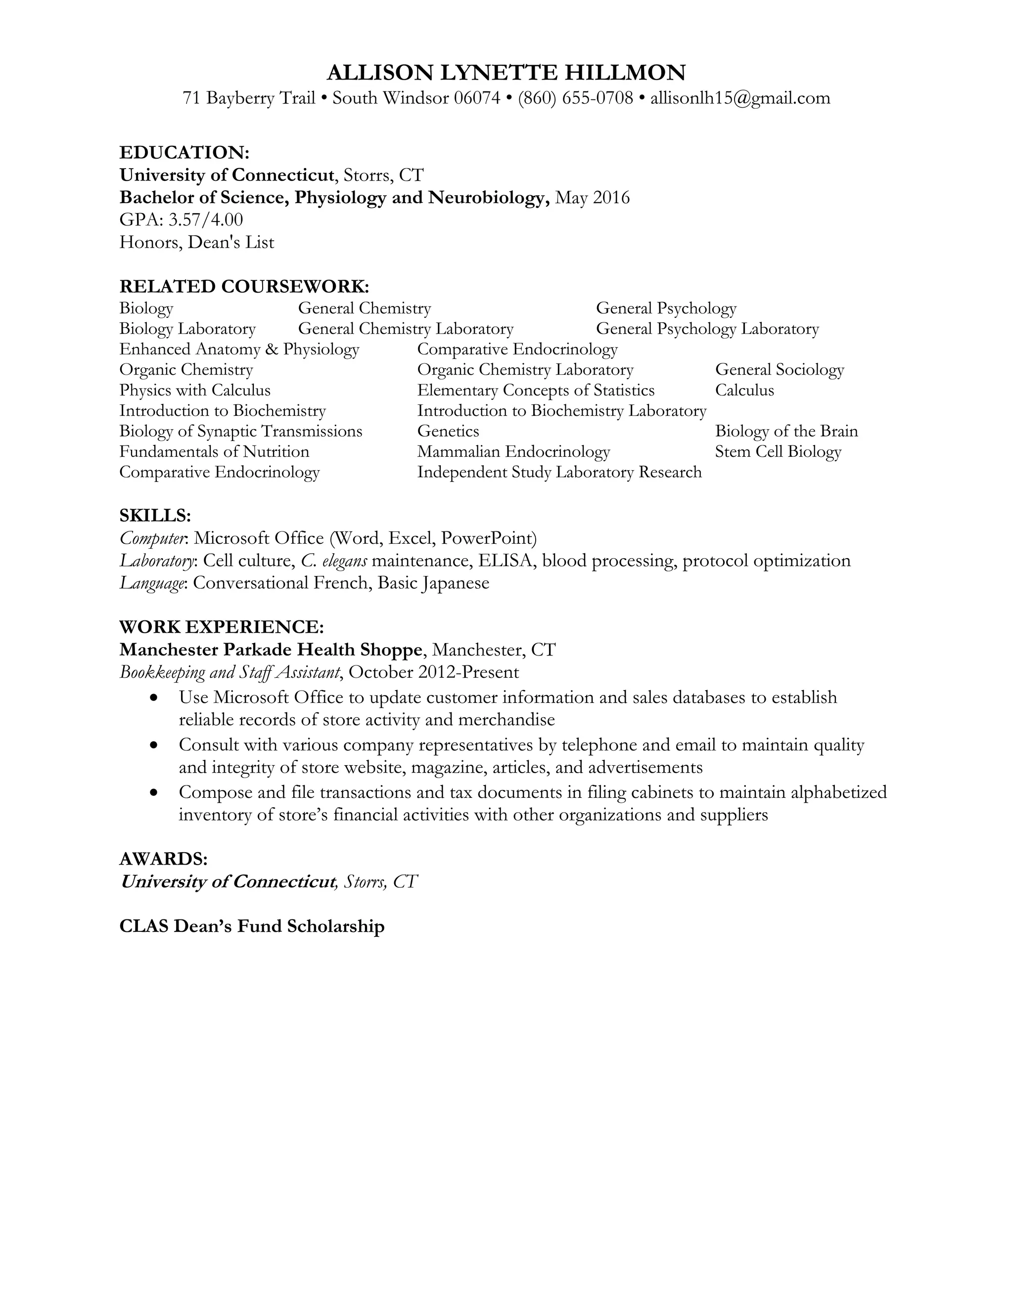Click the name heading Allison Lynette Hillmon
point(506,73)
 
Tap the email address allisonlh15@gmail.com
point(740,98)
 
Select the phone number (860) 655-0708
point(576,98)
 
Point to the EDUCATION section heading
point(184,152)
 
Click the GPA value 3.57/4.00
point(205,219)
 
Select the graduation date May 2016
point(592,197)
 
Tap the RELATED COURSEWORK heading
point(244,286)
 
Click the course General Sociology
point(779,369)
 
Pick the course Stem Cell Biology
point(778,452)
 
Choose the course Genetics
point(448,431)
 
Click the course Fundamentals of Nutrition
point(214,452)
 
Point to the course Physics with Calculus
point(195,391)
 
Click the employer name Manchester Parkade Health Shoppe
point(271,650)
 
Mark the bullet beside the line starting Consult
point(155,745)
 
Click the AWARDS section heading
point(163,859)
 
